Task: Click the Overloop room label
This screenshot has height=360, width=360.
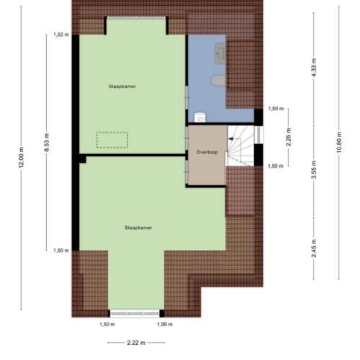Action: pyautogui.click(x=207, y=153)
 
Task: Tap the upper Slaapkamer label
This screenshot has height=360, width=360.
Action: pyautogui.click(x=122, y=86)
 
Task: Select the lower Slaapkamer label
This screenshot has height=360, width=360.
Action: pyautogui.click(x=138, y=227)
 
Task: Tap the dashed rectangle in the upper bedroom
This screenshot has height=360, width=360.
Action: pyautogui.click(x=112, y=139)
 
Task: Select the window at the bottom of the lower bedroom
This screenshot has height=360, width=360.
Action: pyautogui.click(x=135, y=313)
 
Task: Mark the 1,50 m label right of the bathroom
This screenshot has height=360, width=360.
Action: pyautogui.click(x=276, y=109)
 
